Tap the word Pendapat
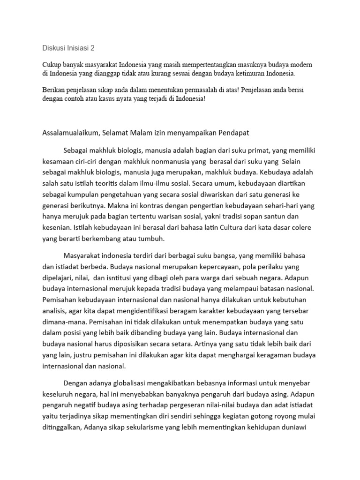pyautogui.click(x=233, y=133)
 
